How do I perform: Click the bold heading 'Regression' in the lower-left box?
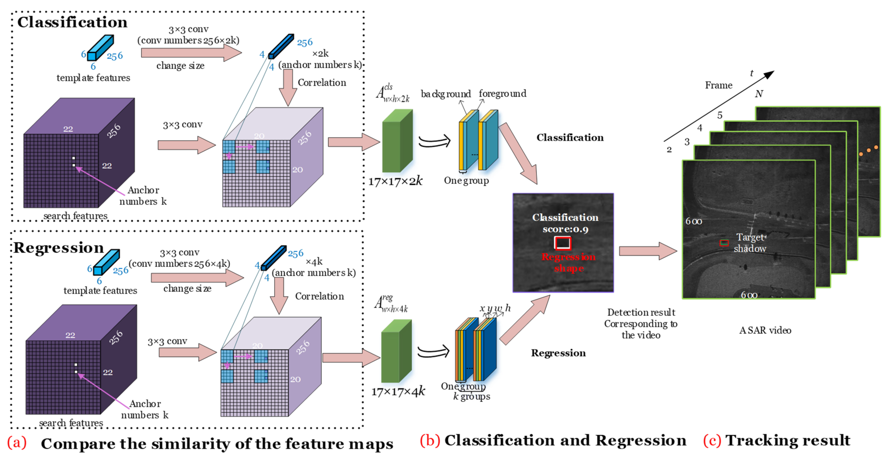[58, 248]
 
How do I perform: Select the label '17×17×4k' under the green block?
[398, 392]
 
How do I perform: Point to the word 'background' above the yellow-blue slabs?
[446, 94]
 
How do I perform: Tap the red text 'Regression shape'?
[569, 262]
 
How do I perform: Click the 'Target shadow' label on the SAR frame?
[750, 243]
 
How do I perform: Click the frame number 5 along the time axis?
[720, 115]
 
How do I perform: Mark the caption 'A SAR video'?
[765, 330]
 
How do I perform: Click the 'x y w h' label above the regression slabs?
[495, 308]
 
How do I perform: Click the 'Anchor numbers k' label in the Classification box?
[143, 196]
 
